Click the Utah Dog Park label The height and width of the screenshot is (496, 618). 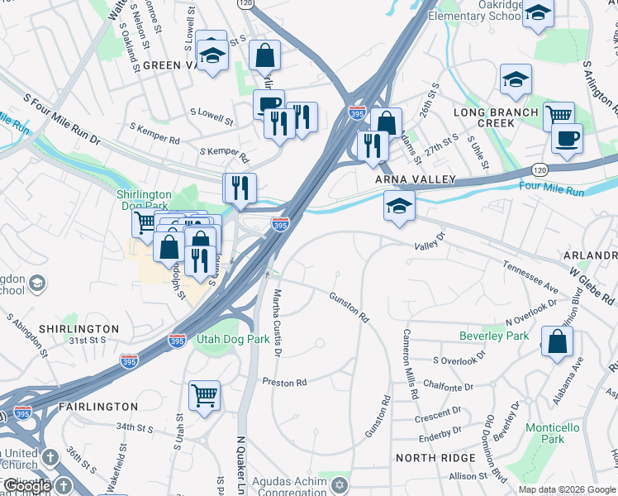pyautogui.click(x=233, y=339)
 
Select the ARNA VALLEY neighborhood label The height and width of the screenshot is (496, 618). pyautogui.click(x=405, y=179)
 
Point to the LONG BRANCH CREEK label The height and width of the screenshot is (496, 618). pyautogui.click(x=495, y=117)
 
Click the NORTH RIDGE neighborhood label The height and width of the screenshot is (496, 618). pyautogui.click(x=436, y=457)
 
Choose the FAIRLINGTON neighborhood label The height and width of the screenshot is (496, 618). pyautogui.click(x=98, y=407)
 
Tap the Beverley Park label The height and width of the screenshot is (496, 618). pyautogui.click(x=494, y=336)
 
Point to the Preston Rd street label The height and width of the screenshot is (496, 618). pyautogui.click(x=284, y=382)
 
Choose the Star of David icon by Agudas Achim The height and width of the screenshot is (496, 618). pyautogui.click(x=335, y=481)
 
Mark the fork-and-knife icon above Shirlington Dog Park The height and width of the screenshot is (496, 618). pyautogui.click(x=240, y=188)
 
